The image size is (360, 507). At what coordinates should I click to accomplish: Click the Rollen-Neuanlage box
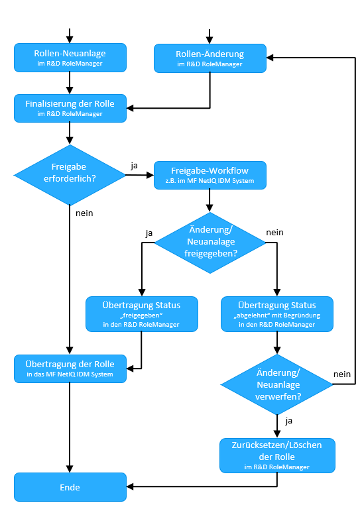pyautogui.click(x=70, y=58)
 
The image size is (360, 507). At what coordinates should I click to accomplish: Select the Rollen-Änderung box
pyautogui.click(x=210, y=58)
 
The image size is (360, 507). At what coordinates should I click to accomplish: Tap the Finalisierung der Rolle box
pyautogui.click(x=70, y=108)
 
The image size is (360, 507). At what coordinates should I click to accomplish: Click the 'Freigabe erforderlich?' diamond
pyautogui.click(x=70, y=175)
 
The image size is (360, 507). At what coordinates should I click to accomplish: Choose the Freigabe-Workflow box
pyautogui.click(x=210, y=175)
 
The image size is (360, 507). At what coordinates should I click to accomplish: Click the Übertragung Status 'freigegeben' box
pyautogui.click(x=141, y=313)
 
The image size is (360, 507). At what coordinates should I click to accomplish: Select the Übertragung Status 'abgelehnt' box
pyautogui.click(x=276, y=313)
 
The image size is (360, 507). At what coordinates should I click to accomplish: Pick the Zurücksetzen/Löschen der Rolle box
pyautogui.click(x=276, y=455)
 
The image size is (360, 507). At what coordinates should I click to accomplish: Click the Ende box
pyautogui.click(x=70, y=487)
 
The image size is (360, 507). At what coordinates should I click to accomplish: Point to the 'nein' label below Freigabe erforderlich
pyautogui.click(x=84, y=213)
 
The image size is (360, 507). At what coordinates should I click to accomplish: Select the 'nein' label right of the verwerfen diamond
pyautogui.click(x=342, y=374)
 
